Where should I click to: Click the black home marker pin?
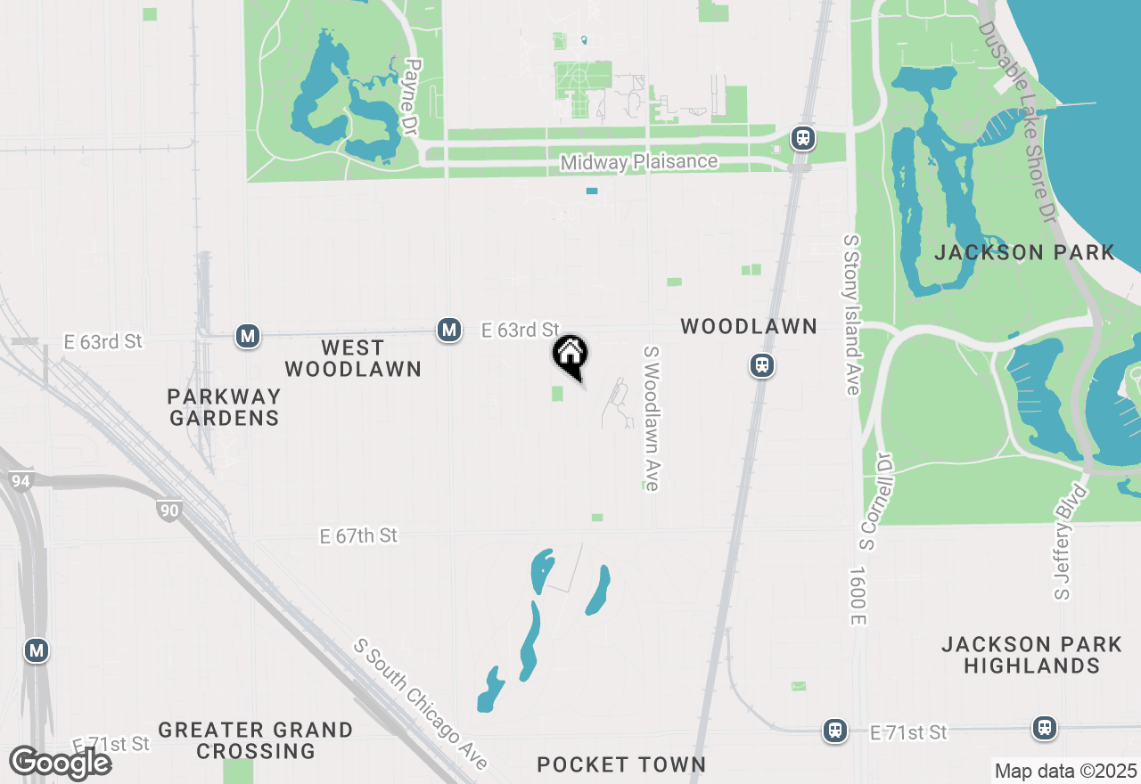pyautogui.click(x=570, y=355)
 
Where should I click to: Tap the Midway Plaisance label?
pyautogui.click(x=638, y=162)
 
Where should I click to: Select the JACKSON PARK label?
pyautogui.click(x=1024, y=252)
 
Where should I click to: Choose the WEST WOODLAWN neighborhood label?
pyautogui.click(x=353, y=358)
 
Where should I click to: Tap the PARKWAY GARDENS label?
pyautogui.click(x=224, y=407)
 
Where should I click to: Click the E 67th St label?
pyautogui.click(x=358, y=535)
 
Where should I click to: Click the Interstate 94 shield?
pyautogui.click(x=19, y=482)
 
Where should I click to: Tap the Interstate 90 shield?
pyautogui.click(x=168, y=510)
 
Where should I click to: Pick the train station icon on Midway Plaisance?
pyautogui.click(x=803, y=137)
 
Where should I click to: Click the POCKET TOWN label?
pyautogui.click(x=621, y=764)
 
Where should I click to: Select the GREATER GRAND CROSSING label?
pyautogui.click(x=256, y=740)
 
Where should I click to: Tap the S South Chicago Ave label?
pyautogui.click(x=421, y=704)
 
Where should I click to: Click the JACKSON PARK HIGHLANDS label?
pyautogui.click(x=1031, y=655)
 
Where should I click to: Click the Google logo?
pyautogui.click(x=60, y=763)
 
